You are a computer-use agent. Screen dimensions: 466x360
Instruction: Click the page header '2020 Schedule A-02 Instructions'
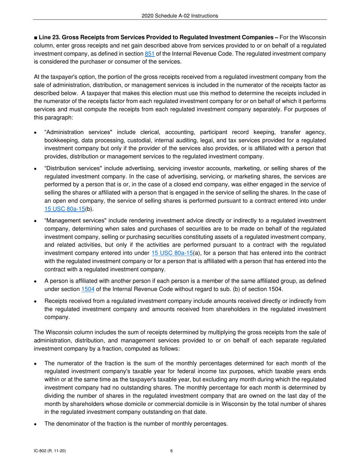180,16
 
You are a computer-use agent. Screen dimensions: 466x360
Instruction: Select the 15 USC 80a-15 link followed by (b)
62,208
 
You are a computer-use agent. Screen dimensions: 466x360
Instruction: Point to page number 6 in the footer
172,451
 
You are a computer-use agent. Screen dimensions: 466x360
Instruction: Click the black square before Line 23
35,38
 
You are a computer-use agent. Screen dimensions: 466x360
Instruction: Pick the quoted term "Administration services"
77,132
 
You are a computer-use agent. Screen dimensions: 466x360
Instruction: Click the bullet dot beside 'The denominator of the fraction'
35,424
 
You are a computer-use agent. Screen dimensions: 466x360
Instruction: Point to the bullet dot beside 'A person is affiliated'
35,281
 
